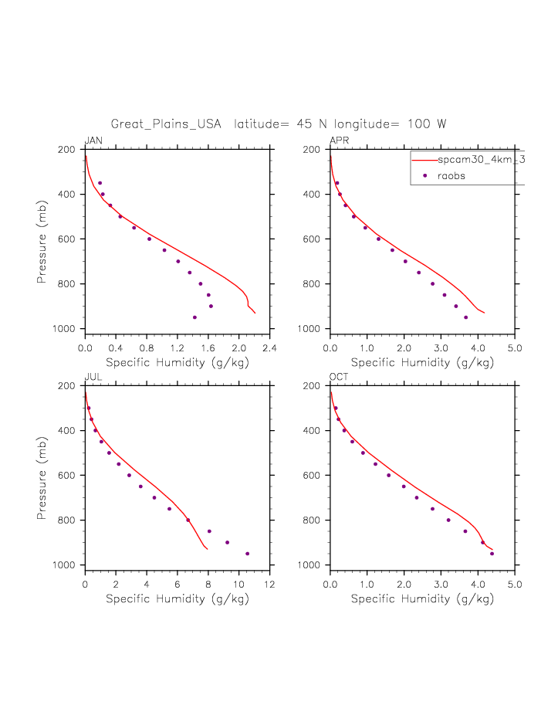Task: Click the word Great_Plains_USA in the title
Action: coord(166,124)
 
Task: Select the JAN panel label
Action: coord(93,141)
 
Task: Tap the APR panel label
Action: coord(339,141)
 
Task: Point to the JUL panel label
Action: coord(93,377)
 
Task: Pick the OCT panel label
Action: coord(339,377)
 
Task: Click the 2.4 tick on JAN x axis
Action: coord(269,348)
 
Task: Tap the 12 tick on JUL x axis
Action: coord(269,585)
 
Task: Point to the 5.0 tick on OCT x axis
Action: coord(515,585)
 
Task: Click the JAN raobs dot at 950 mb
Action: coord(194,317)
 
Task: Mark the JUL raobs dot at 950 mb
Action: coord(247,554)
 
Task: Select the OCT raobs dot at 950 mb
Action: coord(492,554)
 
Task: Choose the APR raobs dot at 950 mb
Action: coord(465,317)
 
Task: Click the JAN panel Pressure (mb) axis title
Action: coord(43,240)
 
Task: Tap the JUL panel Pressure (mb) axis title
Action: coord(43,476)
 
